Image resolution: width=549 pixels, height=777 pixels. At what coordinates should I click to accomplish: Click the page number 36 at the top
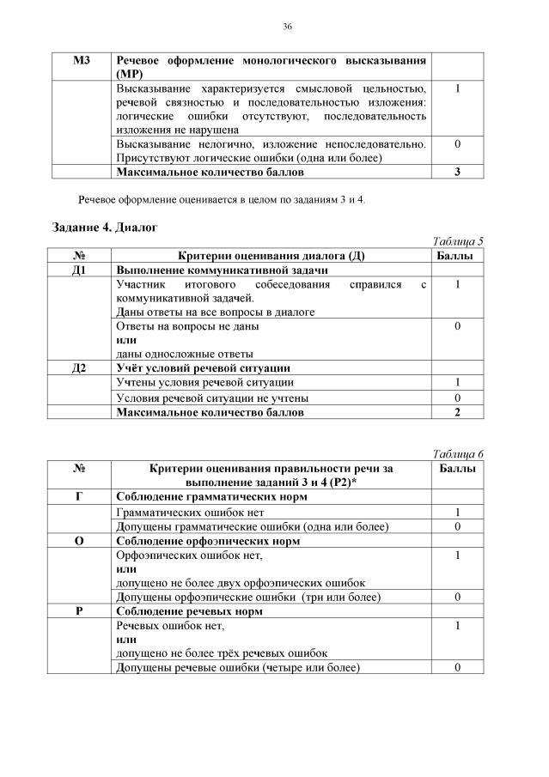pyautogui.click(x=287, y=27)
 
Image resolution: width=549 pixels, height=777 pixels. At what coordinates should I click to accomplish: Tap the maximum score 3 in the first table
pyautogui.click(x=457, y=172)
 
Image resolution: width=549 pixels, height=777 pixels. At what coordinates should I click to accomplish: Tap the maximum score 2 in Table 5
pyautogui.click(x=457, y=412)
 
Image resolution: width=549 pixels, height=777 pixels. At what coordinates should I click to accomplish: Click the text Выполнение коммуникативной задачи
pyautogui.click(x=210, y=270)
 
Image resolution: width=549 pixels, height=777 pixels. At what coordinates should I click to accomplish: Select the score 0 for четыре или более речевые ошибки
pyautogui.click(x=457, y=667)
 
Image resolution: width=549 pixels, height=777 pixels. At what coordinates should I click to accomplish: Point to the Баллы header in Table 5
pyautogui.click(x=457, y=256)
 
